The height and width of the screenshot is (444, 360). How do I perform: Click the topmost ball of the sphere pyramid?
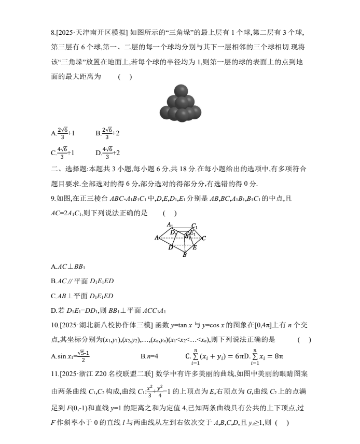[x=181, y=91]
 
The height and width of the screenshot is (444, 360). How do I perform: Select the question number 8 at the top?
[x=53, y=33]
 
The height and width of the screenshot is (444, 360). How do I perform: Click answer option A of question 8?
[x=63, y=133]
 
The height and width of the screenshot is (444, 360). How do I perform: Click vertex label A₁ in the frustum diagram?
[x=170, y=225]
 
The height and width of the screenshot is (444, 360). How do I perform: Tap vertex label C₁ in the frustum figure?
[x=194, y=226]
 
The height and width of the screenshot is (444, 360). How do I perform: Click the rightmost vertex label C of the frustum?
[x=204, y=238]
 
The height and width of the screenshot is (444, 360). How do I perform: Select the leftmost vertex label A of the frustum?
[x=157, y=238]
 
